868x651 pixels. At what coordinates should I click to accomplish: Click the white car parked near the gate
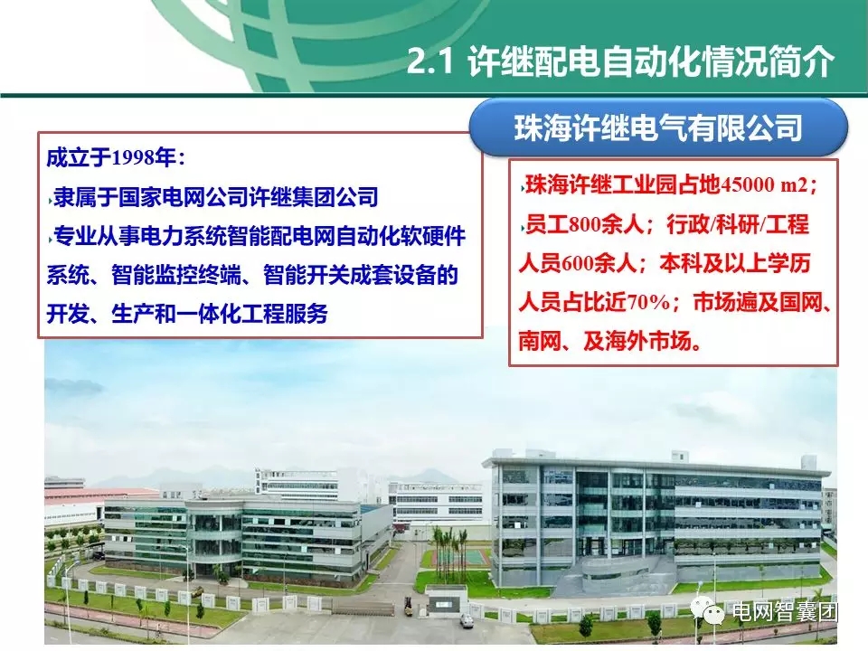466,620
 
